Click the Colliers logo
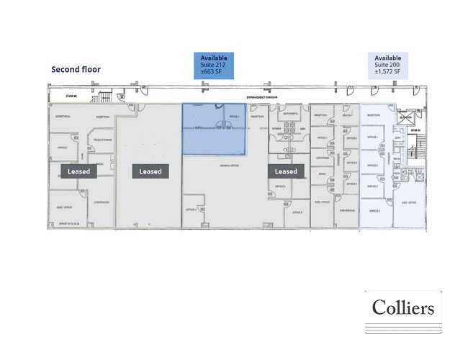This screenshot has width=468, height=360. point(402,308)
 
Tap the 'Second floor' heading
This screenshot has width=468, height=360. point(76,70)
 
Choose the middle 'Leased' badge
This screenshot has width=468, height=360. point(150,171)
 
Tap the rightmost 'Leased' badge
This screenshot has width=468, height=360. point(286,171)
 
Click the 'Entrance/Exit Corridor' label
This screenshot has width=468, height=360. point(264,96)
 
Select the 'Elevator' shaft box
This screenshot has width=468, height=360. point(405,117)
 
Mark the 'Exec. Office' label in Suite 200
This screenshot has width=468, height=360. point(409,202)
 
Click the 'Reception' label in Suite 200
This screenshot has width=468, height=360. point(374,115)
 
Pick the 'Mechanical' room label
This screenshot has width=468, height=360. point(291,114)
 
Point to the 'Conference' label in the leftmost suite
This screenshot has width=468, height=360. point(102,202)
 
